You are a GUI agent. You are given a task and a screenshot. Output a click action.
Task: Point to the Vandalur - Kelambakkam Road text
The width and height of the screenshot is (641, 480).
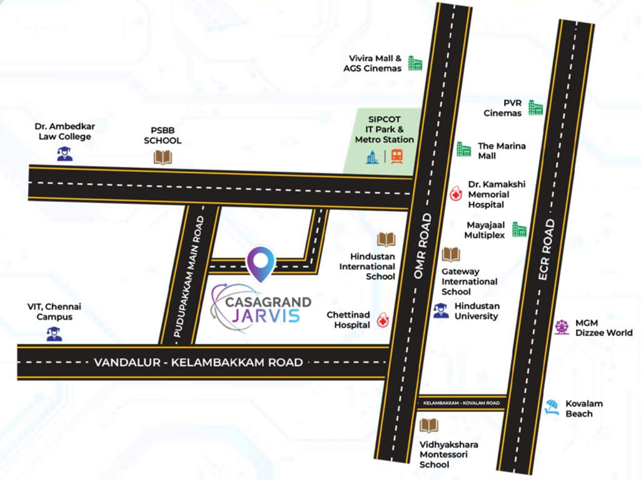pyautogui.click(x=198, y=362)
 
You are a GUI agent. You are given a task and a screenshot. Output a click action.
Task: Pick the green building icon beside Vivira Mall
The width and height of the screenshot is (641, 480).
pyautogui.click(x=415, y=63)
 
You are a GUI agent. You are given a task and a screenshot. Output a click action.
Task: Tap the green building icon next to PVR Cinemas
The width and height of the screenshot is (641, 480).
pyautogui.click(x=535, y=107)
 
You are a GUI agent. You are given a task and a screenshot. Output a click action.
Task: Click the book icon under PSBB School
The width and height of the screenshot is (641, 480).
pyautogui.click(x=163, y=157)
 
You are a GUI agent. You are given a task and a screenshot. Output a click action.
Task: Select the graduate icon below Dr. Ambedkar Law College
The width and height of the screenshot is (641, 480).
pyautogui.click(x=64, y=153)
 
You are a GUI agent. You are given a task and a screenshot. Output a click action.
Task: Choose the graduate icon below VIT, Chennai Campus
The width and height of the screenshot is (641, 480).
pyautogui.click(x=54, y=334)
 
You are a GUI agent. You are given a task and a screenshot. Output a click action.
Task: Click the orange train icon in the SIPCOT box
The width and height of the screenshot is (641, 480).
pyautogui.click(x=396, y=156)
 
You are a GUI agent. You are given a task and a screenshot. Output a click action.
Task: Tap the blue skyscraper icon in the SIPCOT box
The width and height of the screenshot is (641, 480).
pyautogui.click(x=373, y=157)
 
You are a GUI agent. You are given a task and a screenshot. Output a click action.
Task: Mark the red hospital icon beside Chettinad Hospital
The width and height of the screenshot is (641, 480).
pyautogui.click(x=382, y=321)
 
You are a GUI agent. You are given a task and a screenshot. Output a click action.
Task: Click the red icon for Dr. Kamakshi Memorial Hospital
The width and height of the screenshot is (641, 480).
pyautogui.click(x=457, y=194)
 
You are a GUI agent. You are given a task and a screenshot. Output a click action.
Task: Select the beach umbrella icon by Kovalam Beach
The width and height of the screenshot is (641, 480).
pyautogui.click(x=552, y=407)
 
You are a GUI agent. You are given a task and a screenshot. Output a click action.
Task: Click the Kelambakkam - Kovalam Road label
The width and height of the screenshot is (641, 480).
pyautogui.click(x=462, y=404)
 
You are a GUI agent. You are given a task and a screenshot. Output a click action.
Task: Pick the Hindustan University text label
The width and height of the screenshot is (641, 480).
pyautogui.click(x=477, y=311)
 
